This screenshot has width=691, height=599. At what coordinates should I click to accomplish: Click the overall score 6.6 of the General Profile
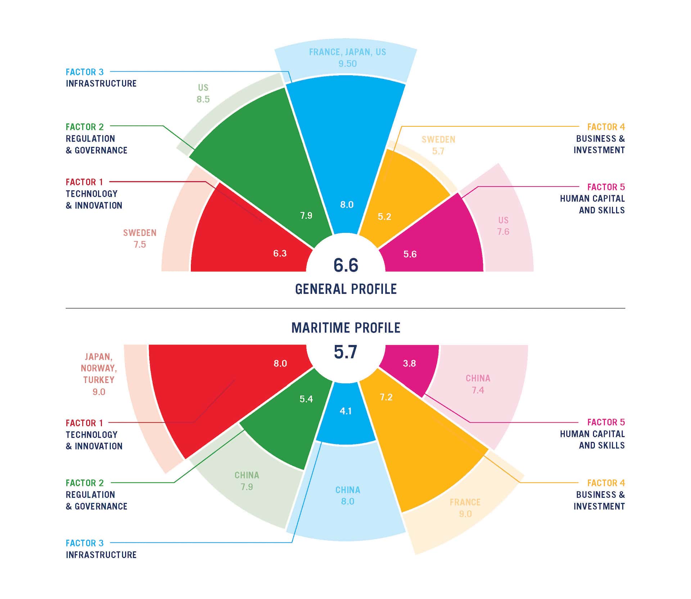click(345, 265)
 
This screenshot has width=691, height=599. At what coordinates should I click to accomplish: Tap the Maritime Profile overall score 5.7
click(345, 352)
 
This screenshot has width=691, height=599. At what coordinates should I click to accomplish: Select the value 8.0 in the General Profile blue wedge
click(347, 204)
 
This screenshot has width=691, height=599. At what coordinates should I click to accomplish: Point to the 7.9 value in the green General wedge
click(306, 215)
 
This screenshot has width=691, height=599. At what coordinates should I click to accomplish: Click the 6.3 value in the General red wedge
click(280, 253)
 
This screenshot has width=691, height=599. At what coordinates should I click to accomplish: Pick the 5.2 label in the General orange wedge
click(384, 216)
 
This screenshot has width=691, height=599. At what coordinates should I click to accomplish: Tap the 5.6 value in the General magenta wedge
click(410, 254)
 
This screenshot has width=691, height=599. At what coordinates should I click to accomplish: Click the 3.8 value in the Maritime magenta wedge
click(410, 363)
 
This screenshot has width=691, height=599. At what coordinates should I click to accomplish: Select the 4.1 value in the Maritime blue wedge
click(346, 411)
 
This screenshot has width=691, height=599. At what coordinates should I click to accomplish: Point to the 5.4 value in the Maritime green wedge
click(306, 399)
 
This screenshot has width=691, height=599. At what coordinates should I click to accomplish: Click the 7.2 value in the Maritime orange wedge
click(386, 397)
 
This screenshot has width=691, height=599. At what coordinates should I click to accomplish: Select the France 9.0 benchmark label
click(465, 508)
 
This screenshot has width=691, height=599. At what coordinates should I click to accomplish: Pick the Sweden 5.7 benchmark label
click(438, 145)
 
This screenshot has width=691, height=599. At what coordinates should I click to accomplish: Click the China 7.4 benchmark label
click(478, 384)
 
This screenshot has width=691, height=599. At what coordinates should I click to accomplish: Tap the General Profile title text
click(346, 289)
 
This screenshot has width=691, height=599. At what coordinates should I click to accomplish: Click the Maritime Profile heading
click(346, 328)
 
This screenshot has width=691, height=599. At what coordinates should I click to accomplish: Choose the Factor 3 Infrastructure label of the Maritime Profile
click(101, 549)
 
